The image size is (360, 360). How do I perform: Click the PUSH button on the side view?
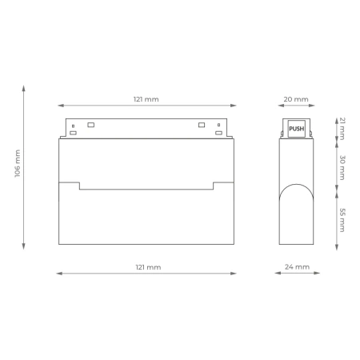[x=296, y=128]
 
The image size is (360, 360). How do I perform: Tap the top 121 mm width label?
[x=146, y=99]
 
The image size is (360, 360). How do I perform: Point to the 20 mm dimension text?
[x=296, y=99]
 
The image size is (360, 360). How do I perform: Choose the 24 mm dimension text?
[x=296, y=266]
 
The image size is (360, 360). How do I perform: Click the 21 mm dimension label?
[x=342, y=127]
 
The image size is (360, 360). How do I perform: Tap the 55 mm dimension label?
[x=342, y=219]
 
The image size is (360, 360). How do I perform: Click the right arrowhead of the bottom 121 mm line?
[x=235, y=274]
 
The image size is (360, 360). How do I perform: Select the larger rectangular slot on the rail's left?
[x=90, y=125]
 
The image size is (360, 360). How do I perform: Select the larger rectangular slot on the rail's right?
[x=201, y=125]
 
